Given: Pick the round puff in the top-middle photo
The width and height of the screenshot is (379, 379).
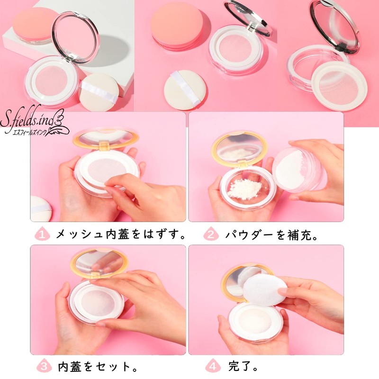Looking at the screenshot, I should [183, 90].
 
